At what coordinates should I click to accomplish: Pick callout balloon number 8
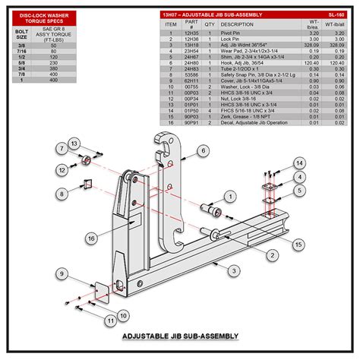(x=299, y=189)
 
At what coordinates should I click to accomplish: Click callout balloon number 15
(x=298, y=244)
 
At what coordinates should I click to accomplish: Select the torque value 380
(x=53, y=67)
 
